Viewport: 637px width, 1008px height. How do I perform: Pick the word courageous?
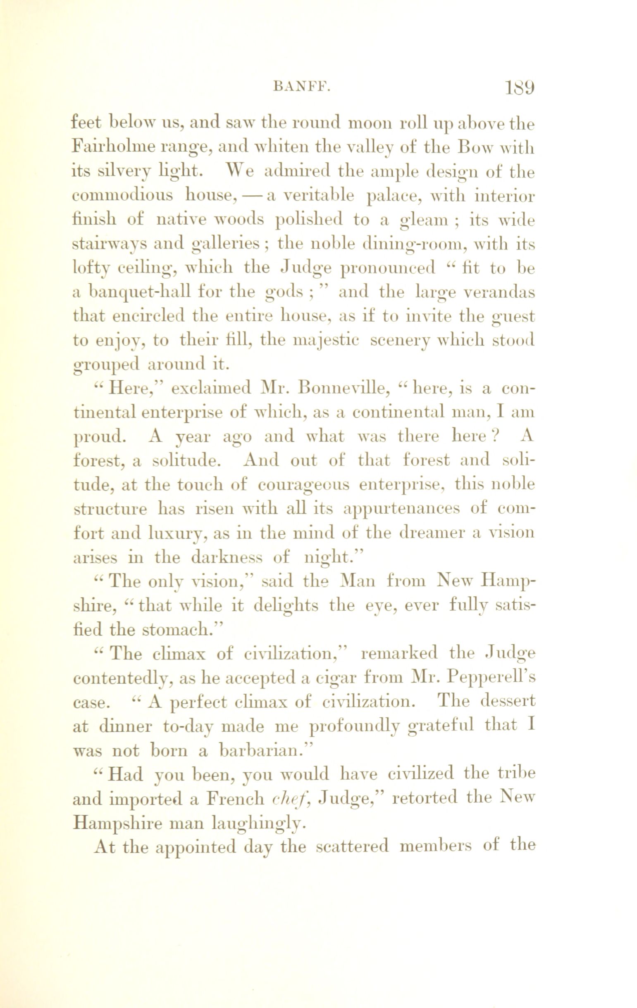304,485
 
